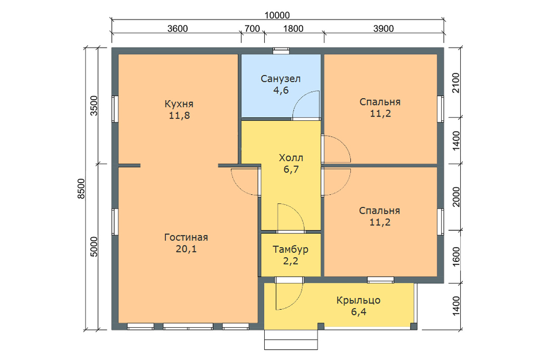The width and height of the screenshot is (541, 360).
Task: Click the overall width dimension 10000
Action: (277, 15)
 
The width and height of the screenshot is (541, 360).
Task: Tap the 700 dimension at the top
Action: (252, 29)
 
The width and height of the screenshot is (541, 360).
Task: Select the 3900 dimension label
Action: (384, 29)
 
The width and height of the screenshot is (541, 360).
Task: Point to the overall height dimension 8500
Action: (81, 188)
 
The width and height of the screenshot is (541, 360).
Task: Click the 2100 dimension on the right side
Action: (456, 83)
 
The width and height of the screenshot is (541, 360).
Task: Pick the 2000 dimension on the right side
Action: (456, 197)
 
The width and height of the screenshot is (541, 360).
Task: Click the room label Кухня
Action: (179, 104)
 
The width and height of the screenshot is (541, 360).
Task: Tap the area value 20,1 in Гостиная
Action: (186, 249)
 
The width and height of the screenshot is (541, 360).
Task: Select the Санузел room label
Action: (281, 79)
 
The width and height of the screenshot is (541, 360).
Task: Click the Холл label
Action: (291, 158)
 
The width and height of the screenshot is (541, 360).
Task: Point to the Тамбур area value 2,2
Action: (291, 261)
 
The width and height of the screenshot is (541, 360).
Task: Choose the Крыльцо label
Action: (359, 300)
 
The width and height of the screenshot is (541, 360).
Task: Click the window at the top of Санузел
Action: (281, 51)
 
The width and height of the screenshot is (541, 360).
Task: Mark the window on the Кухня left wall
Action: (115, 109)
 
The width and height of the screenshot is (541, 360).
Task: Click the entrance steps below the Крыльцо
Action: (291, 339)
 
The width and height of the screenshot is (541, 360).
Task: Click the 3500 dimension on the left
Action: (94, 106)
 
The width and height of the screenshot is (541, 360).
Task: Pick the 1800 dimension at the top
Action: (293, 29)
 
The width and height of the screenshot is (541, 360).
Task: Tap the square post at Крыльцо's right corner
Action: (413, 326)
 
